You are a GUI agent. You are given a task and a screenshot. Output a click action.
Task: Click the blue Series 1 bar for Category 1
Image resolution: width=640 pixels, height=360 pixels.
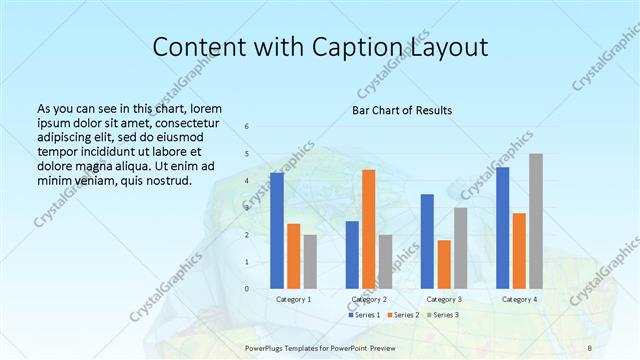pos(277,231)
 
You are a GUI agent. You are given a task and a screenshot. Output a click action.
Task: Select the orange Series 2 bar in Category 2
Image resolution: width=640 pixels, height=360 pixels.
pos(369,229)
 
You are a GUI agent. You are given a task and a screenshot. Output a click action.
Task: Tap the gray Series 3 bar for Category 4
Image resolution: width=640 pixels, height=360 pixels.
pos(536,221)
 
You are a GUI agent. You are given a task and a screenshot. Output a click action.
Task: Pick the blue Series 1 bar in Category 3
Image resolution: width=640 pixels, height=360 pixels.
pos(427,241)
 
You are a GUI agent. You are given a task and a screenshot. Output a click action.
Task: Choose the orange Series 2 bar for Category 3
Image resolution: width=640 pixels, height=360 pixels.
pos(444,264)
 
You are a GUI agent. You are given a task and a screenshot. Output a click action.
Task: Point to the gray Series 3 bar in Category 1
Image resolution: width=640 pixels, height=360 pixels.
pos(310,261)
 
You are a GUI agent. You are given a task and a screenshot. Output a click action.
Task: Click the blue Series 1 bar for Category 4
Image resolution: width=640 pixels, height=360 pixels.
pos(503,228)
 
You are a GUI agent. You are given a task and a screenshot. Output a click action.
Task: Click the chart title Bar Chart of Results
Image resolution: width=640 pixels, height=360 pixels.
pos(402,110)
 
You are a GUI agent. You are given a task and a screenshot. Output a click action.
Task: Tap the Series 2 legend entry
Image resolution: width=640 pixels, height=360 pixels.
pos(403,315)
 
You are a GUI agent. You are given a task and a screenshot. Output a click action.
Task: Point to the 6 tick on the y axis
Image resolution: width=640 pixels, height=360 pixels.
pos(247,126)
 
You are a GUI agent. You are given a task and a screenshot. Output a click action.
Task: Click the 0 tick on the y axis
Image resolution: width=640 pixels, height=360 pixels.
pos(247,289)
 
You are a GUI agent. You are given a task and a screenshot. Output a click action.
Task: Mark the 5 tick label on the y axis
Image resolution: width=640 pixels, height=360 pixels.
pos(247,153)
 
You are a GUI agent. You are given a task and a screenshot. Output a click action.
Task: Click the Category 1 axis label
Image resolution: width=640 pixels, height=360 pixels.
pos(294,299)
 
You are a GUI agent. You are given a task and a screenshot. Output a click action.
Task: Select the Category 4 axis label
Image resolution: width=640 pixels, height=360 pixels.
pos(519,299)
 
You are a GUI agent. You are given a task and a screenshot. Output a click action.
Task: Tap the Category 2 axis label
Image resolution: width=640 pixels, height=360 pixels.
pos(369,299)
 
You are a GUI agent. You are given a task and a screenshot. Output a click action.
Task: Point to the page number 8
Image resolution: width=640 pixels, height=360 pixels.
pos(590,347)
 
